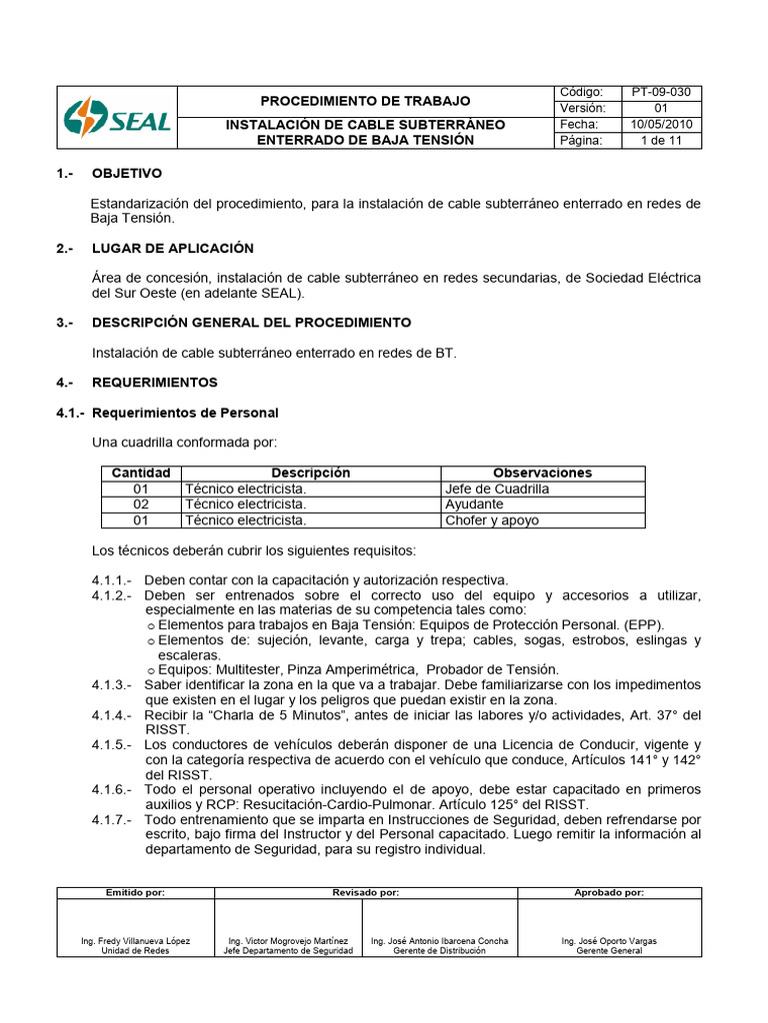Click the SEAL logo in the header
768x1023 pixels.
[117, 118]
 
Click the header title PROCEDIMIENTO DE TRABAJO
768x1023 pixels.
[365, 101]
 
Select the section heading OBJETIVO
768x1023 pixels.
[127, 173]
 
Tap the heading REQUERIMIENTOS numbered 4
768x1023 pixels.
[154, 382]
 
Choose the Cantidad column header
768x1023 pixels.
[140, 473]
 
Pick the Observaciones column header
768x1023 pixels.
[542, 473]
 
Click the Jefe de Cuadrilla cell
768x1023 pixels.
[497, 489]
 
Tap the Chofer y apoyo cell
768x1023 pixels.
[492, 520]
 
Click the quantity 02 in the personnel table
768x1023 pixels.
[140, 505]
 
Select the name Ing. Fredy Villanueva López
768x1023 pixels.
[136, 941]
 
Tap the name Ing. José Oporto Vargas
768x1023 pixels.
[609, 941]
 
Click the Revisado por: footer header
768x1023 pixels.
[365, 892]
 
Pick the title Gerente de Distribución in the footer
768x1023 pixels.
[439, 951]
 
